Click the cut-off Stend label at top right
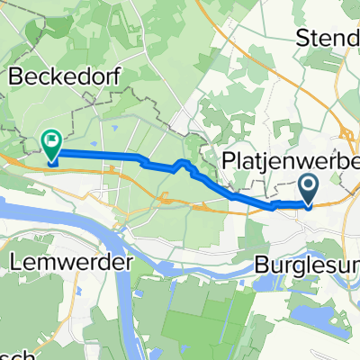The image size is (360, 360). [328, 38]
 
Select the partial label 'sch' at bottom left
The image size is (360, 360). [11, 354]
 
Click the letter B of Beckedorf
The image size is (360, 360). [15, 77]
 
